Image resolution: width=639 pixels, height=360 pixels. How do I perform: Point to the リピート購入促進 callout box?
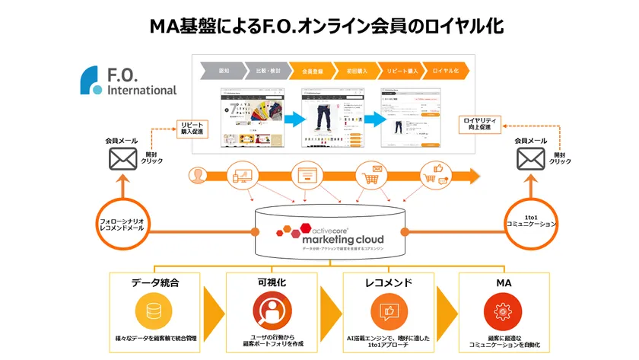[192, 127]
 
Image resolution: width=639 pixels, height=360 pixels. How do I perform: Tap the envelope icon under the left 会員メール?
[122, 158]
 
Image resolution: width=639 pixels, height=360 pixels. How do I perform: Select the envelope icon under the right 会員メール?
[530, 158]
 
